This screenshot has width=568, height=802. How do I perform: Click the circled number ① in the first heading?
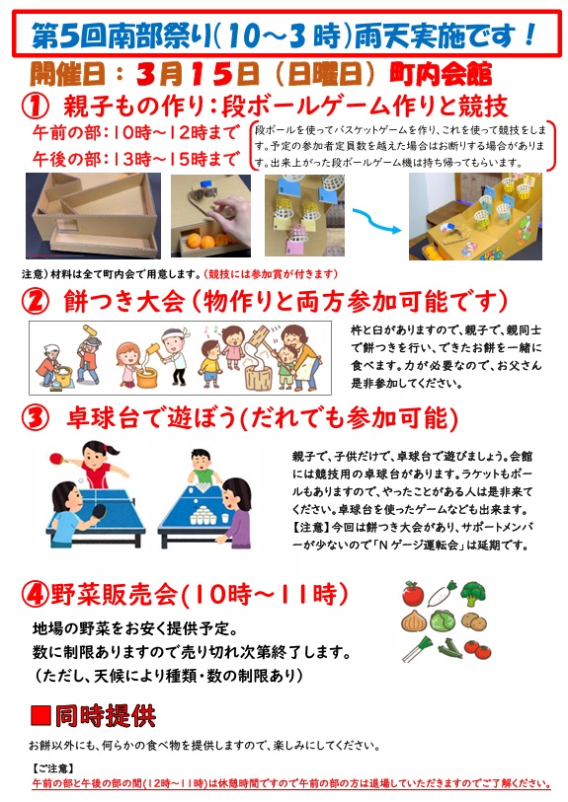click(x=36, y=107)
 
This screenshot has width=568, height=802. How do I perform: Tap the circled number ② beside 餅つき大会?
click(x=36, y=302)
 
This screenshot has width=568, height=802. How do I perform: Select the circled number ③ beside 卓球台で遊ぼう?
click(x=36, y=418)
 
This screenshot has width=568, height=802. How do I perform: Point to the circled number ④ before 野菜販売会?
click(x=36, y=594)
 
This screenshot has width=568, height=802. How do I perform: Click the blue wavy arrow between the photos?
click(x=376, y=220)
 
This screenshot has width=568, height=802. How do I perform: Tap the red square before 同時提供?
click(x=41, y=715)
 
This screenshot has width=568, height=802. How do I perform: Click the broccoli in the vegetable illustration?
click(x=472, y=593)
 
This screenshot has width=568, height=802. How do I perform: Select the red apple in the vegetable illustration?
click(x=412, y=593)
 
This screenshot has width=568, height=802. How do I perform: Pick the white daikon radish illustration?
click(x=443, y=593)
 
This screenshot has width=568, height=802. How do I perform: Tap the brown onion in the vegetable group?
click(x=414, y=621)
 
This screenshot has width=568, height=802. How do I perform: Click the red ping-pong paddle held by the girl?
click(x=58, y=458)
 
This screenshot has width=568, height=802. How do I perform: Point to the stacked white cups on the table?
click(x=204, y=513)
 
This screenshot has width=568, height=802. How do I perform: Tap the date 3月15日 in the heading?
click(x=198, y=75)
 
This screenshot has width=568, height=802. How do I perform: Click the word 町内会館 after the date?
click(x=441, y=75)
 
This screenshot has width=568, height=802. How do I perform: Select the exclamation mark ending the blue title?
click(x=528, y=35)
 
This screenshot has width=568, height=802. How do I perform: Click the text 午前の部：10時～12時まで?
click(x=135, y=132)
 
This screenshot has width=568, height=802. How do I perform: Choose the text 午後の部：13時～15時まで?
click(x=135, y=159)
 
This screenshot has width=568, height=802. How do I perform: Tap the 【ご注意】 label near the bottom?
click(x=52, y=768)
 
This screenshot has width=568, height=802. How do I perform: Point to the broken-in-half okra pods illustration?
click(x=449, y=648)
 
